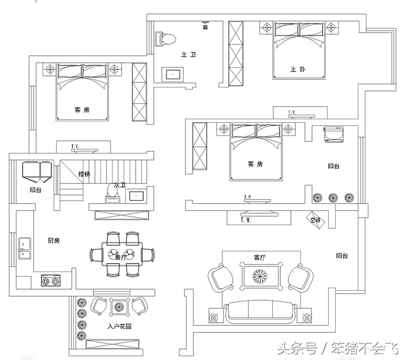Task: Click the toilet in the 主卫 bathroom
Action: click(x=166, y=38)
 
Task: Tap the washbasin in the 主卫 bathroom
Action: click(x=173, y=74)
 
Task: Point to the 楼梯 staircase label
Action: click(x=84, y=174)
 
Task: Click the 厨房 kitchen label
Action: click(x=54, y=241)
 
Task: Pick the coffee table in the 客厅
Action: click(x=260, y=276)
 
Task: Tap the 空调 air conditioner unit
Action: click(x=316, y=219)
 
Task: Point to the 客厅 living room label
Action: click(x=259, y=257)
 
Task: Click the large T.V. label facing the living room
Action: click(x=246, y=220)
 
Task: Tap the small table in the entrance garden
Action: click(x=120, y=305)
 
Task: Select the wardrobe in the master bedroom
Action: click(x=236, y=53)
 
